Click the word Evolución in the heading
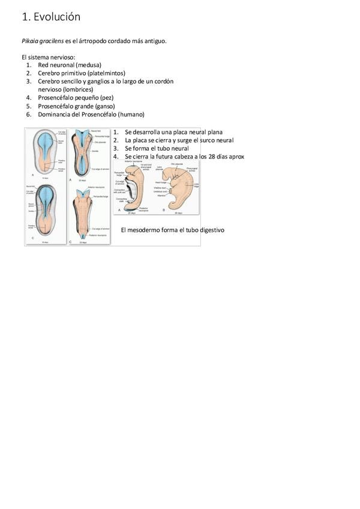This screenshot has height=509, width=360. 57,17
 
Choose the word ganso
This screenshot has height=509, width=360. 104,106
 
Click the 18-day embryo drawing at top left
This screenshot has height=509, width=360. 46,152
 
